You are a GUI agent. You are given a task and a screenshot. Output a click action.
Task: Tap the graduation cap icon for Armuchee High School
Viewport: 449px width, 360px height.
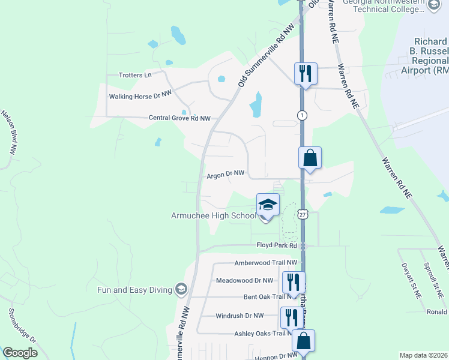pyautogui.click(x=268, y=204)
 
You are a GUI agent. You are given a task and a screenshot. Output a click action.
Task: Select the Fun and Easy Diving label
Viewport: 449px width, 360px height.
pyautogui.click(x=134, y=290)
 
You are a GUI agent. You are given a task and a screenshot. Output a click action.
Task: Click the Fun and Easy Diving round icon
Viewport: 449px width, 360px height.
pyautogui.click(x=179, y=290)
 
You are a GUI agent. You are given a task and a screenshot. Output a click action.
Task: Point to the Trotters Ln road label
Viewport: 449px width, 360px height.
pyautogui.click(x=135, y=75)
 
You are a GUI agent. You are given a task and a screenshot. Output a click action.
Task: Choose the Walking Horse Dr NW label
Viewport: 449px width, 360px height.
pyautogui.click(x=140, y=96)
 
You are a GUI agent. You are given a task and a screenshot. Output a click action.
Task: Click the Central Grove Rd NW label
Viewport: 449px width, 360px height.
pyautogui.click(x=179, y=118)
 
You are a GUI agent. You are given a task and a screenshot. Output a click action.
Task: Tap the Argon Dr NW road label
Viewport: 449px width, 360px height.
pyautogui.click(x=225, y=175)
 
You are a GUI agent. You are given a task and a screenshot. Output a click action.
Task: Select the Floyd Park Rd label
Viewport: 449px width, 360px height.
pyautogui.click(x=277, y=245)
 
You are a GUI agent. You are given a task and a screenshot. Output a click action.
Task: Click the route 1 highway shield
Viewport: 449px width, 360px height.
pyautogui.click(x=302, y=115)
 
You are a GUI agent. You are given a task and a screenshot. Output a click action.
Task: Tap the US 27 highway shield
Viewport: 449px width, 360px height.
pyautogui.click(x=303, y=215)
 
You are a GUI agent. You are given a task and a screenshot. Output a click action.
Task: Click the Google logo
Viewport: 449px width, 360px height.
pyautogui.click(x=20, y=353)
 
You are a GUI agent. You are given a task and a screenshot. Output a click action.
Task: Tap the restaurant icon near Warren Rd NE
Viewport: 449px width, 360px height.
pyautogui.click(x=305, y=74)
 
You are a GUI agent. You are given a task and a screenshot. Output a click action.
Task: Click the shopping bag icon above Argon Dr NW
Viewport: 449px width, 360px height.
pyautogui.click(x=310, y=158)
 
